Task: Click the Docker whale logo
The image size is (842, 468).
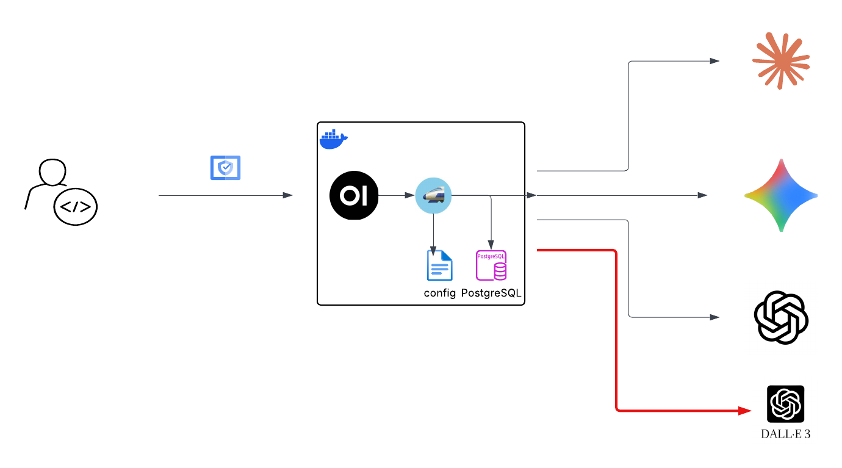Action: click(333, 139)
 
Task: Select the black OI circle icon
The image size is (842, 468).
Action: click(354, 196)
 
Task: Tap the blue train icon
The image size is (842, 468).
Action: click(433, 195)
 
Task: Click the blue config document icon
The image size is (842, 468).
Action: click(439, 265)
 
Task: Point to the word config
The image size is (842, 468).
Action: click(440, 293)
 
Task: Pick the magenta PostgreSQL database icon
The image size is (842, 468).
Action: click(491, 265)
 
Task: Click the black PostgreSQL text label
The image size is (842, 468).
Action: click(492, 293)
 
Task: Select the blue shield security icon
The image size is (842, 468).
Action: click(225, 168)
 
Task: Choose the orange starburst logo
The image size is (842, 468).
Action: click(780, 60)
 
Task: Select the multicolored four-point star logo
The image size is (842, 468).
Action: click(780, 195)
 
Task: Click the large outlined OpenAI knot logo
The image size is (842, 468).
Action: click(781, 318)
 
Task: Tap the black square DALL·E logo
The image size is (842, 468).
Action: click(785, 404)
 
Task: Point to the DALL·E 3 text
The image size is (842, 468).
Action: click(785, 434)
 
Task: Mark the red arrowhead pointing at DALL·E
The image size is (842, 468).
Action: click(745, 411)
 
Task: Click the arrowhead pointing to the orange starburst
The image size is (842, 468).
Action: click(714, 61)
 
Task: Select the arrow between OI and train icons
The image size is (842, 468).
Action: click(396, 195)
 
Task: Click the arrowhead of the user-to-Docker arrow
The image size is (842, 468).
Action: click(287, 195)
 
